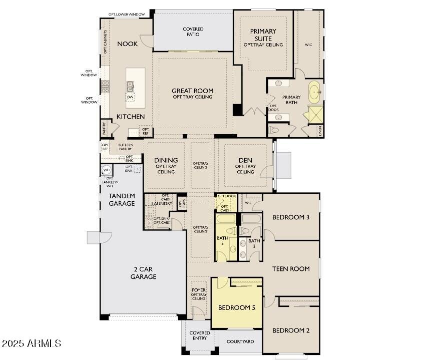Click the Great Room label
point(192,91)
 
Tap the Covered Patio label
point(193,32)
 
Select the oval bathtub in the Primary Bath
point(314,93)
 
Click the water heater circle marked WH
point(107,170)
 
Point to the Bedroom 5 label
point(236,307)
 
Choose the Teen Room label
point(291,269)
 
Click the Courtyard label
point(240,341)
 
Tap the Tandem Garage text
point(122,200)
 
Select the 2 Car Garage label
point(143,273)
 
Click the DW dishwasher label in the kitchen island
point(130,97)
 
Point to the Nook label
point(127,44)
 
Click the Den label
point(245,160)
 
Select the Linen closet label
point(320,131)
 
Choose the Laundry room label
point(162,204)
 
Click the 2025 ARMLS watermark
point(31,343)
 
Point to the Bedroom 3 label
point(291,217)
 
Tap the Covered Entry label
point(200,336)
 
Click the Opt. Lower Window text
point(127,15)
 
